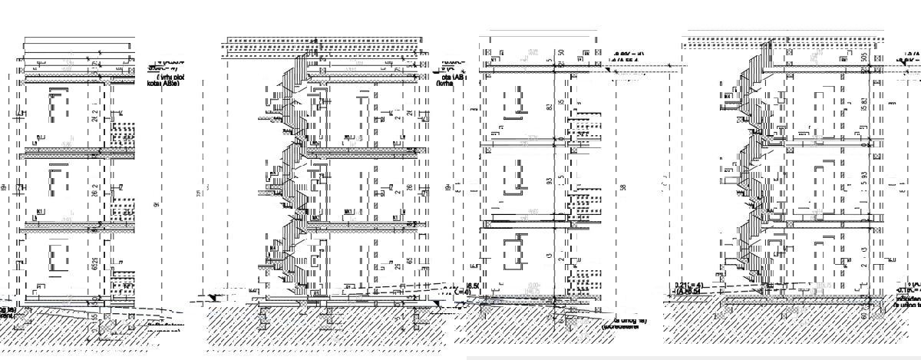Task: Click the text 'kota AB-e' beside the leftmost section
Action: (163, 84)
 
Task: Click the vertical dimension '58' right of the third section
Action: (622, 188)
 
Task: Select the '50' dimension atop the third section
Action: (561, 52)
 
